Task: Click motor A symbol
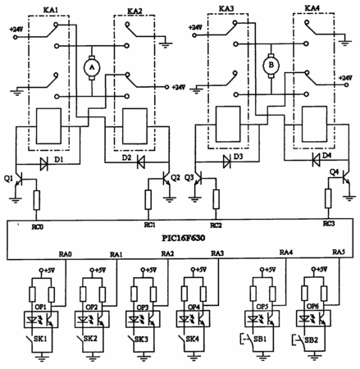click(92, 67)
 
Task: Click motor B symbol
click(271, 65)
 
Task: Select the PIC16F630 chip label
click(183, 238)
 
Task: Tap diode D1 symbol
click(44, 164)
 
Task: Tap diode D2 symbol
click(141, 162)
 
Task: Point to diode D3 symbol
click(227, 162)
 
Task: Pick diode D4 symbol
click(317, 159)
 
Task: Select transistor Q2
click(166, 179)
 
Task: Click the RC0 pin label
click(37, 226)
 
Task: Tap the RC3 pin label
click(329, 224)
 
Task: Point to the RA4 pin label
click(286, 253)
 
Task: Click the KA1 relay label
click(51, 11)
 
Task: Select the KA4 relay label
click(312, 8)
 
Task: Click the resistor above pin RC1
click(148, 200)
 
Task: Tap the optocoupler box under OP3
click(143, 319)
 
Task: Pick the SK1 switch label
click(40, 339)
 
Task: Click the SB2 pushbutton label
click(311, 340)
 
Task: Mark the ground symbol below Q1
click(16, 200)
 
